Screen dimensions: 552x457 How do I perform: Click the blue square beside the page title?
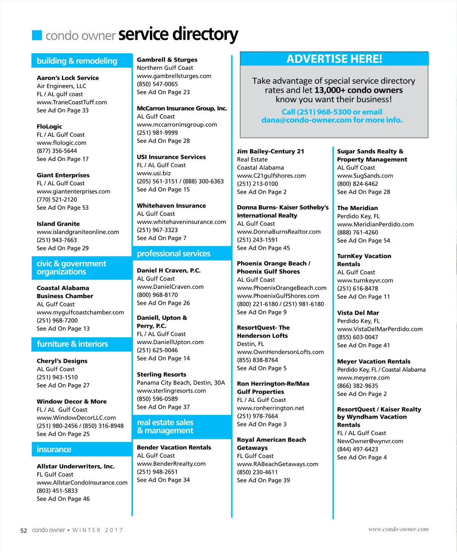click(37, 35)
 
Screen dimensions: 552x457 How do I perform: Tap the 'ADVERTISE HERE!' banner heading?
click(334, 59)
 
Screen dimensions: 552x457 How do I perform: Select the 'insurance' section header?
click(54, 450)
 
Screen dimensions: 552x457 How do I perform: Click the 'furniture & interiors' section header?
click(72, 344)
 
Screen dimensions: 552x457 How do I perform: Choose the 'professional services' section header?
click(173, 254)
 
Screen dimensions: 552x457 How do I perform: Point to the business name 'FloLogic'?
click(50, 126)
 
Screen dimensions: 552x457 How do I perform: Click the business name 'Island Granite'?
click(58, 224)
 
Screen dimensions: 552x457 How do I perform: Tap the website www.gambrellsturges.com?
click(174, 76)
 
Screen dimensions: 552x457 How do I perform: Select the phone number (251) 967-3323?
click(157, 230)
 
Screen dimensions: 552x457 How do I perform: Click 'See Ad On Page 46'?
click(63, 499)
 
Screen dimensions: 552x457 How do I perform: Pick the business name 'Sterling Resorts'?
click(161, 375)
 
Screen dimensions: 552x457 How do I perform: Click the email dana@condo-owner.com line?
click(332, 120)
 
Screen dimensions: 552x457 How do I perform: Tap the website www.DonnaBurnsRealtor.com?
click(279, 232)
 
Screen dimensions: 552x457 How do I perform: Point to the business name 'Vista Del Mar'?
click(358, 313)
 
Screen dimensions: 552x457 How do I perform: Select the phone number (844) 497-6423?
click(358, 449)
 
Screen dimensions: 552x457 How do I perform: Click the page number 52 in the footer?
click(24, 531)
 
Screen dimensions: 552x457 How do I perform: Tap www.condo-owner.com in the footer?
click(398, 529)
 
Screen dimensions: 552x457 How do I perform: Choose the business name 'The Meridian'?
click(358, 208)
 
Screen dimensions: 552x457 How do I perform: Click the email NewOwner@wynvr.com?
click(370, 441)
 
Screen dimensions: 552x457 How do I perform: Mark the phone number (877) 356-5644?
click(57, 151)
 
